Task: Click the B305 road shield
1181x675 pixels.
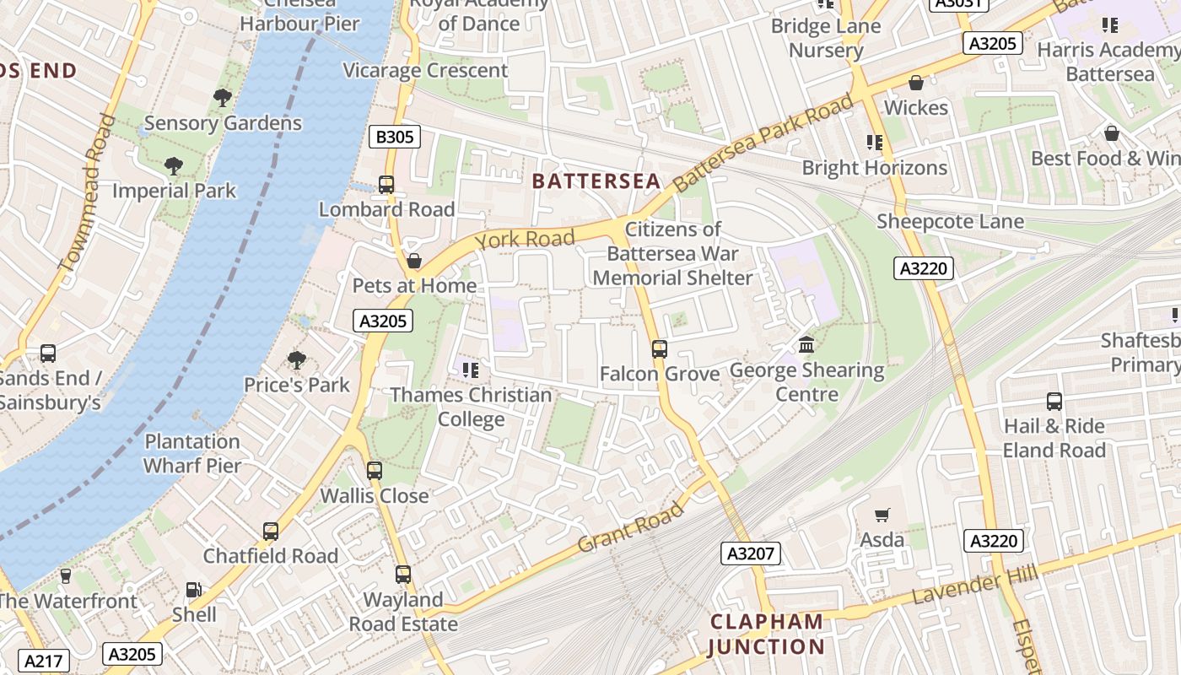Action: coord(395,136)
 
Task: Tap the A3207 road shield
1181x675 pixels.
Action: coord(751,553)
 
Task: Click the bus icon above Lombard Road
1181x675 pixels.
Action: coord(386,184)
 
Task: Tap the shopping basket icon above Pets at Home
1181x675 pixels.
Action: coord(413,261)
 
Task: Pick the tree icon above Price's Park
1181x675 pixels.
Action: coord(297,360)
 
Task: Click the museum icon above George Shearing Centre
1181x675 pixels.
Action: coord(806,345)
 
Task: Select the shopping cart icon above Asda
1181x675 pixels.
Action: coord(882,515)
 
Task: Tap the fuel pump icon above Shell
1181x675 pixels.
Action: coord(194,590)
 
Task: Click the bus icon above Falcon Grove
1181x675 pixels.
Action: coord(660,348)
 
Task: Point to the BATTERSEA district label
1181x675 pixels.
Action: coord(596,181)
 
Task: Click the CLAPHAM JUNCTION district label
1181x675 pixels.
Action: coord(766,634)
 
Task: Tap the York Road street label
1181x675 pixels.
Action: coord(525,240)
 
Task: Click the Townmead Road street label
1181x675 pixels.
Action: coord(83,192)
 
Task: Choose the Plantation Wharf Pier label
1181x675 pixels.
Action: coord(192,453)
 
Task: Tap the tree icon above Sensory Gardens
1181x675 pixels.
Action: coord(223,98)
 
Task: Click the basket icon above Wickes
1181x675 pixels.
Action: coord(916,83)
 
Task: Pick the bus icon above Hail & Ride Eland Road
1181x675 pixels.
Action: coord(1054,402)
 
